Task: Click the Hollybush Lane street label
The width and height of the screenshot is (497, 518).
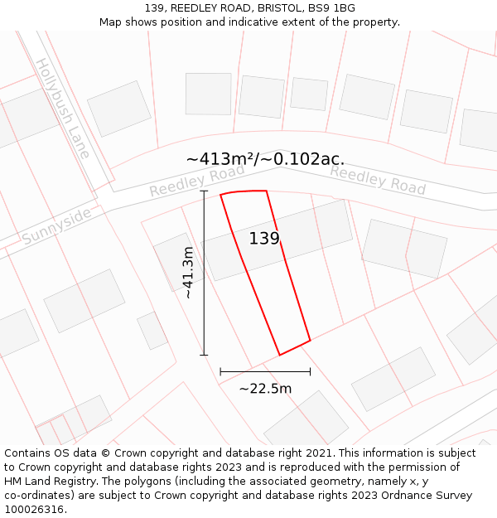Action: tap(62, 108)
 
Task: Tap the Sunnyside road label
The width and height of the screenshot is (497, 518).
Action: tap(56, 225)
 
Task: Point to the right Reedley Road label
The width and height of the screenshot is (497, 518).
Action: tap(378, 180)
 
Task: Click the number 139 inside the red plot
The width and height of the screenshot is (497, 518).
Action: tap(264, 239)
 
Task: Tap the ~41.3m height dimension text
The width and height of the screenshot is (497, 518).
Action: tap(188, 273)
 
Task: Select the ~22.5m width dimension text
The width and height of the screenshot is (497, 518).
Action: tap(265, 389)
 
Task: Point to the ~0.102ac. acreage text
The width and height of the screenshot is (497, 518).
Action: tap(303, 159)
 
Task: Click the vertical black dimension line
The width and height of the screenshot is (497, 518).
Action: tap(204, 273)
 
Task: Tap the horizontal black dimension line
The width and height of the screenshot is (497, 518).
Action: tap(265, 372)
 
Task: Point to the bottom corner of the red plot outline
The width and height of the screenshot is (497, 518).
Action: tap(279, 355)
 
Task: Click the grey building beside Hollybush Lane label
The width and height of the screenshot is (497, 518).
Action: tap(119, 108)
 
